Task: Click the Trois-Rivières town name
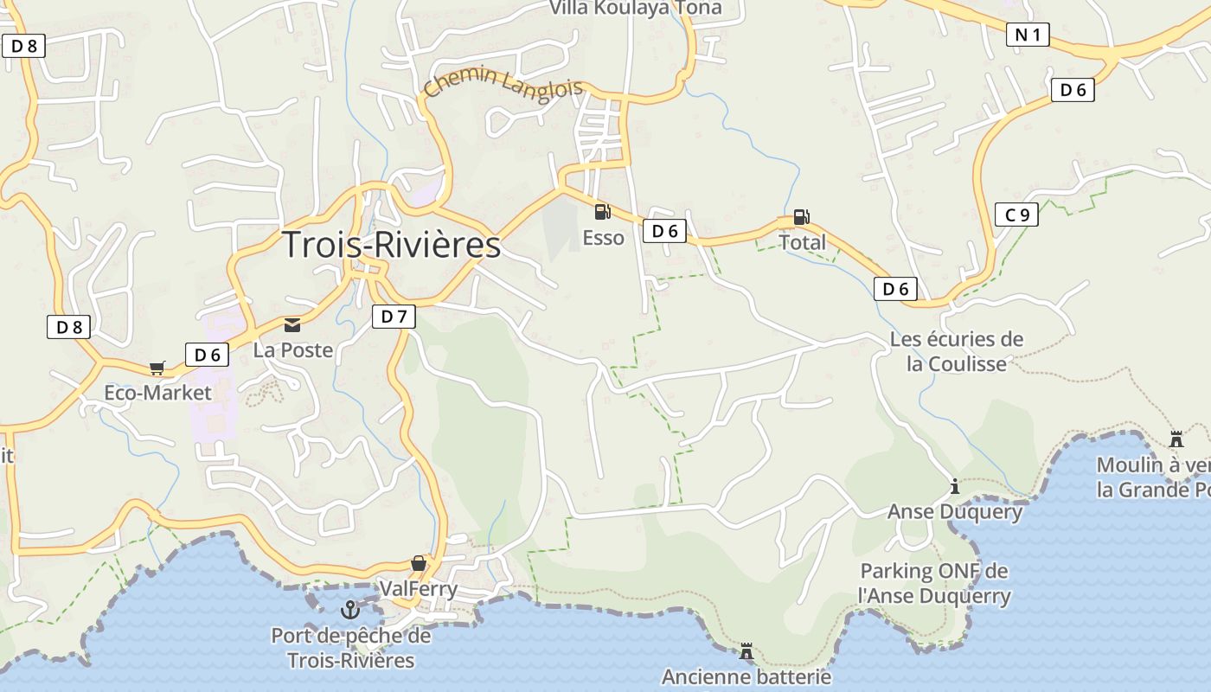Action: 392,245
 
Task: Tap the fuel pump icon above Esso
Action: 602,211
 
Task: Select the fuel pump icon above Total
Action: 801,217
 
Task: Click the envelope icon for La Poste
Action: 292,325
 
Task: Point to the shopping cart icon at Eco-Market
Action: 157,368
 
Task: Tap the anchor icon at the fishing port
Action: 350,610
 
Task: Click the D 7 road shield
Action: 394,317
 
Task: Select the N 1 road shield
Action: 1028,35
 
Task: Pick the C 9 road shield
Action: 1016,215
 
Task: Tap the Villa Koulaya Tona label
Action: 635,9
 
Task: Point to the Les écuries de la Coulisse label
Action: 957,351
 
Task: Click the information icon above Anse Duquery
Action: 955,486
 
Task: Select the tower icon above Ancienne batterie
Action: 746,650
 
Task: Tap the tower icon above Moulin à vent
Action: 1176,439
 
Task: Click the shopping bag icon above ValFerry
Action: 419,563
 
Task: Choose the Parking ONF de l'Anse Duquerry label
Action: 934,583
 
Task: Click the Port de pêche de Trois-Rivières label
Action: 351,648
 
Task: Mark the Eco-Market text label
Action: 157,393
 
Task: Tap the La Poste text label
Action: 292,350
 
